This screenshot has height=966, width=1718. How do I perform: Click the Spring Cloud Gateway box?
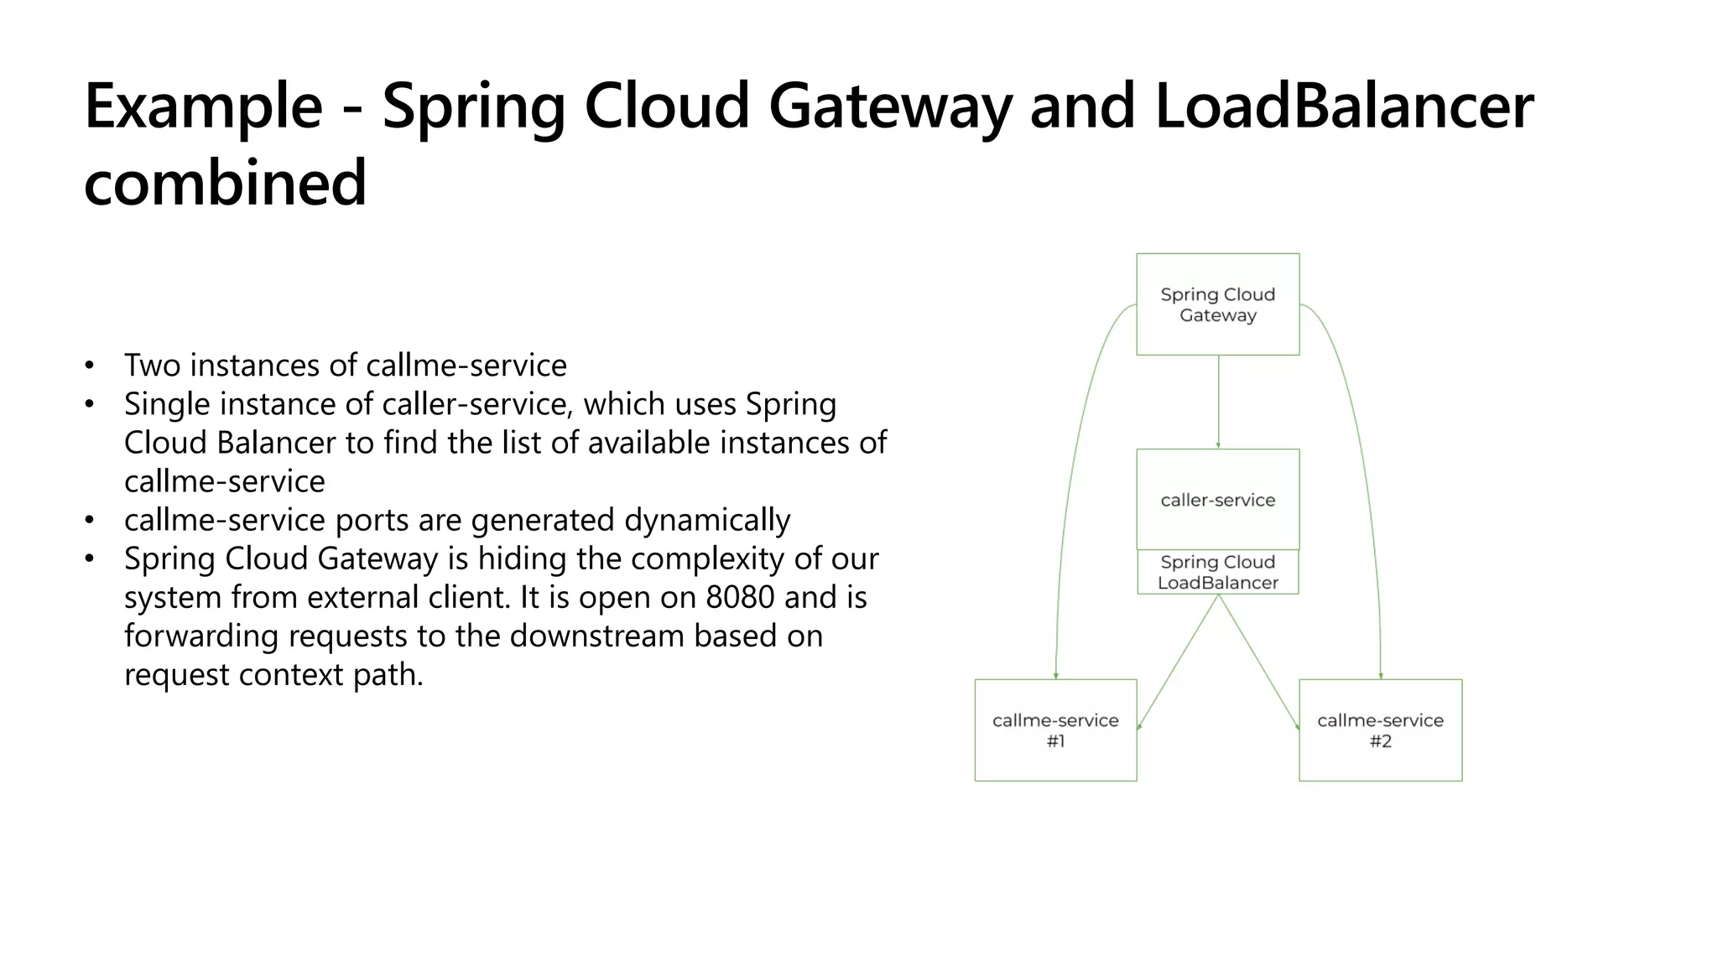coord(1217,304)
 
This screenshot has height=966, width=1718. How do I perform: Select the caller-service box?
coord(1217,500)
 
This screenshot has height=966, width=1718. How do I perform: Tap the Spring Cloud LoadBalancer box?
coord(1217,573)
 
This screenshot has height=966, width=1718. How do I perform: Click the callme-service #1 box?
coord(1055,730)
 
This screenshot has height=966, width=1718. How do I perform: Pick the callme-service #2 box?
coord(1380,730)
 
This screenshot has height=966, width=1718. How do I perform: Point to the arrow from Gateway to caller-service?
coord(1218,402)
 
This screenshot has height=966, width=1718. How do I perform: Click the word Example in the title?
coord(203,106)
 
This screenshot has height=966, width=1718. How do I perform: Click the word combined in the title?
coord(225,183)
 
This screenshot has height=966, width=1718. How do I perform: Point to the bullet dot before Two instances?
coord(90,366)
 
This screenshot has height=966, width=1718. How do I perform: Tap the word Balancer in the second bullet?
coord(276,443)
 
